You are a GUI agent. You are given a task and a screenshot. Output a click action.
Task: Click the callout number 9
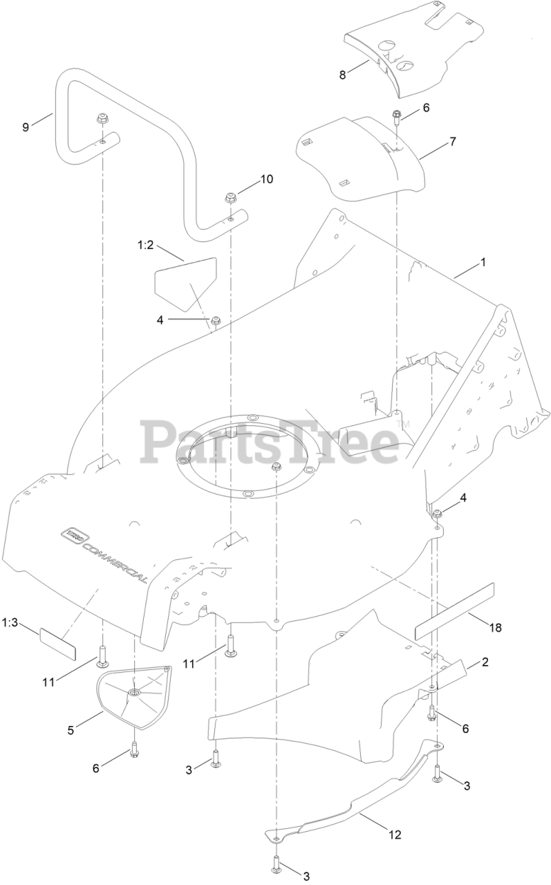coord(26,127)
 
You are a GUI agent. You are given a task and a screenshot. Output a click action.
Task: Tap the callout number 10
coord(266,179)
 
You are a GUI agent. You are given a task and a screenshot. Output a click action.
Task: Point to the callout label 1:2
coord(145,245)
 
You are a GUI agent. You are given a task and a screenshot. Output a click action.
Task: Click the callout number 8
coord(342,75)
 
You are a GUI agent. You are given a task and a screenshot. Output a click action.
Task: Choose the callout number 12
coord(394,835)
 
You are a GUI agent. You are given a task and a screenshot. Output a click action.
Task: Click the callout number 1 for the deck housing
coord(483,263)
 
